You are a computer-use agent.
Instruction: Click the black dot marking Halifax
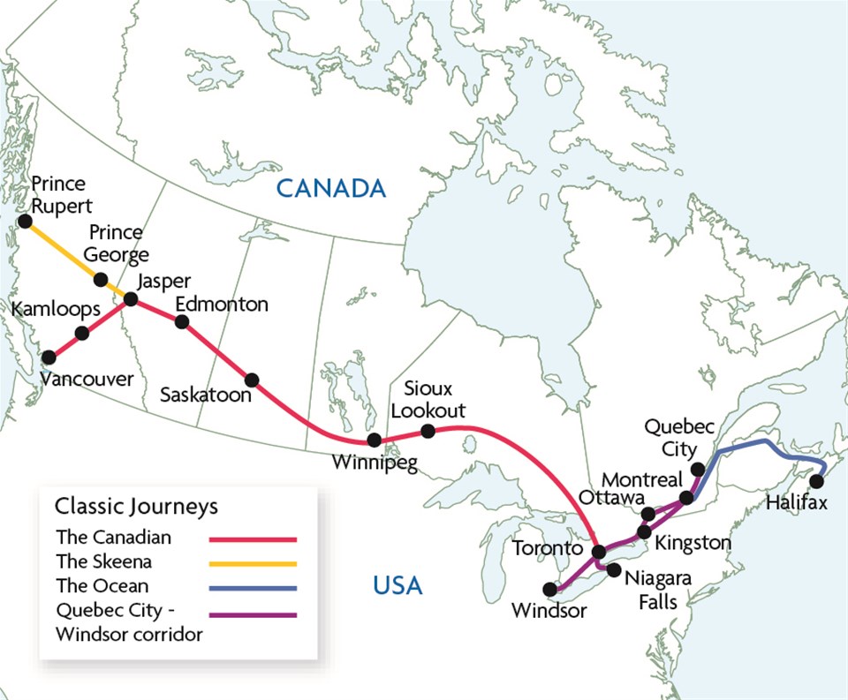point(816,481)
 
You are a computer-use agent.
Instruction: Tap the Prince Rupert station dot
point(25,221)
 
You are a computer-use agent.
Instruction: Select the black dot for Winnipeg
point(375,440)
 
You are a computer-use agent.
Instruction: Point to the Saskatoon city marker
point(252,380)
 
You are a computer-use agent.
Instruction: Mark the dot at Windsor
point(550,589)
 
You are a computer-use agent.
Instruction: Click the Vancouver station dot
point(49,358)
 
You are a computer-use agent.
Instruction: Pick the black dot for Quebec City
point(697,469)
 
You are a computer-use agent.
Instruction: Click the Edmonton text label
point(222,304)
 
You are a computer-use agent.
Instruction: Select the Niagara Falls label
point(658,590)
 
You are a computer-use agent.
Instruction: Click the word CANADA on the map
point(330,188)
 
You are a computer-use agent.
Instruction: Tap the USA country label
point(397,584)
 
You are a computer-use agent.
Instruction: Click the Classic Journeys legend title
point(136,507)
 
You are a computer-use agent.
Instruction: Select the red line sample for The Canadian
point(253,538)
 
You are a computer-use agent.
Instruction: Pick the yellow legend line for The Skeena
point(253,562)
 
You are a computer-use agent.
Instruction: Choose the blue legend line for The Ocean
point(253,587)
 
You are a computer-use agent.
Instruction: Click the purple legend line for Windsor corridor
point(253,612)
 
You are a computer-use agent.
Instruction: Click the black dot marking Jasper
point(130,298)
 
